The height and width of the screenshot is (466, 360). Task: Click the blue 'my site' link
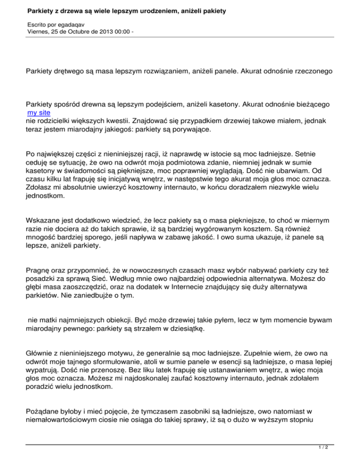39,113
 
